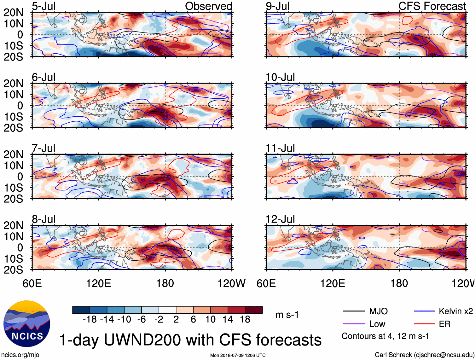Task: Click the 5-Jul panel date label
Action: point(44,6)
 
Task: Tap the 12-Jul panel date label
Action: point(280,219)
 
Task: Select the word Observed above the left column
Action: point(208,6)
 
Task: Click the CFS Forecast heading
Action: point(432,6)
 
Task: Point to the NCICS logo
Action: point(27,324)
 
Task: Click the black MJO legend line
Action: point(354,311)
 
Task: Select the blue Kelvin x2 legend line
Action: point(424,311)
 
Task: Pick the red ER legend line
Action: point(424,324)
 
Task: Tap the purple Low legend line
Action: point(354,324)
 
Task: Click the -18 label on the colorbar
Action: point(90,319)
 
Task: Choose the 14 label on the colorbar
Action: point(228,319)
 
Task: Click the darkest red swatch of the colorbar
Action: point(254,310)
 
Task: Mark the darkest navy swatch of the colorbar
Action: point(81,310)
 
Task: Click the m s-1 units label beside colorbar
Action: point(287,315)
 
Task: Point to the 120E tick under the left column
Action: point(99,283)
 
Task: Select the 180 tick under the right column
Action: point(399,283)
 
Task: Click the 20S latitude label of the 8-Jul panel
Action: point(13,270)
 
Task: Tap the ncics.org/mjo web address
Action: point(20,355)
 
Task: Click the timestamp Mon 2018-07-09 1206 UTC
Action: point(238,355)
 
